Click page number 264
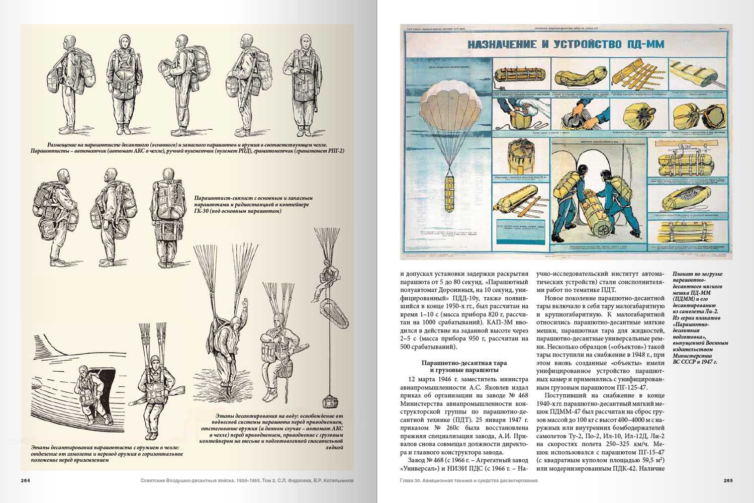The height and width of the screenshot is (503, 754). point(26,480)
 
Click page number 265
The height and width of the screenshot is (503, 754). point(728,480)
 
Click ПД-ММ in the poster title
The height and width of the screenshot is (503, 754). point(645,44)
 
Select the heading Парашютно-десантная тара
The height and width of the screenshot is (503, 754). point(464,363)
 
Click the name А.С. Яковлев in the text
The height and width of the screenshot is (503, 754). point(476,388)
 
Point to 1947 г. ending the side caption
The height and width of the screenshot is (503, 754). point(707,361)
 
